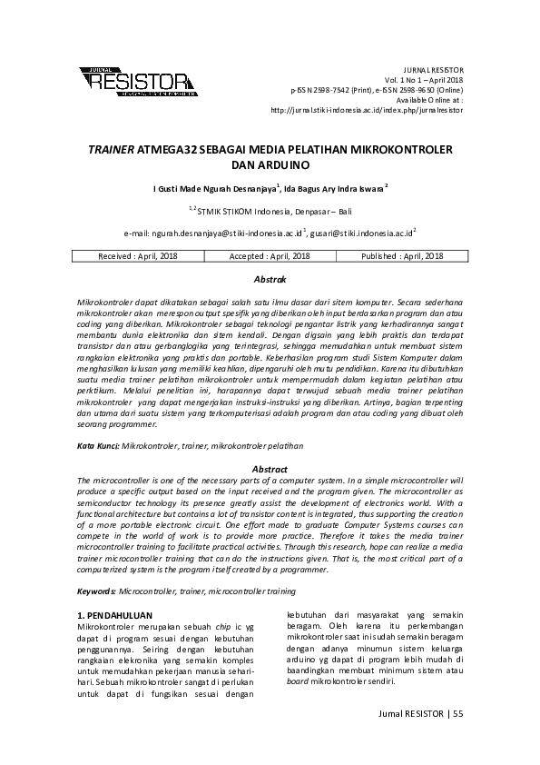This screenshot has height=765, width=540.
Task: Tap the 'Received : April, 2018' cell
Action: click(x=140, y=256)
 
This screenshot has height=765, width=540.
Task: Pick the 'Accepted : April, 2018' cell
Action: click(x=270, y=256)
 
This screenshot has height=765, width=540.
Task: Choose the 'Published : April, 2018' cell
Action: click(x=402, y=256)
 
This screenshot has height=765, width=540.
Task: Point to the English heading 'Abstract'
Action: click(x=270, y=468)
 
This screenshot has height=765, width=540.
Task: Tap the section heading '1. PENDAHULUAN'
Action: click(x=114, y=615)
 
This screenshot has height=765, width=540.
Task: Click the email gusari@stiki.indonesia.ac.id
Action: click(x=361, y=233)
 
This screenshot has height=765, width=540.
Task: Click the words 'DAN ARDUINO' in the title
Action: click(x=270, y=166)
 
